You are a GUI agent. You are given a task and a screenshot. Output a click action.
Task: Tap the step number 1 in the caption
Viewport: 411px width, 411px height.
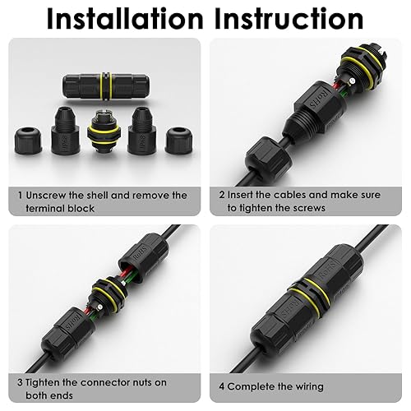21,196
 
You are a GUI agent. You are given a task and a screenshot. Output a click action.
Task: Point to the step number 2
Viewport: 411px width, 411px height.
221,196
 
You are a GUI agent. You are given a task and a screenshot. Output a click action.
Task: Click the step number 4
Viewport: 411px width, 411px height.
222,386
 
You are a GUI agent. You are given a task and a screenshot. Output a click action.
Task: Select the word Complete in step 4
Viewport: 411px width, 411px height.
256,386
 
